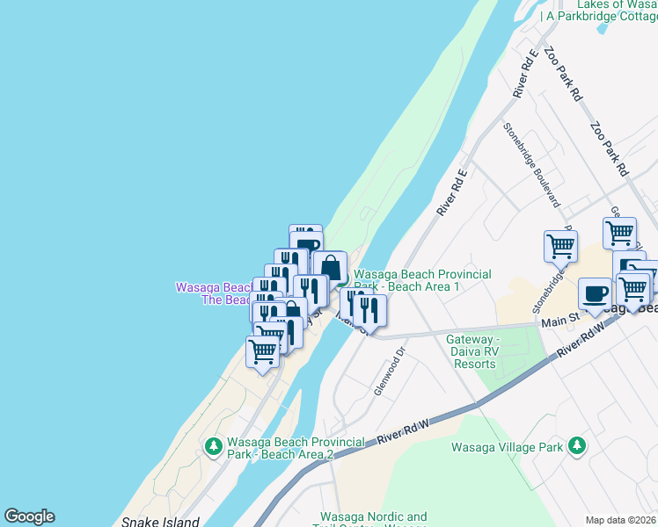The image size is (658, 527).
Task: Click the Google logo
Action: click(x=29, y=516)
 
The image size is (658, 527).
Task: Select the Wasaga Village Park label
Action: click(x=507, y=447)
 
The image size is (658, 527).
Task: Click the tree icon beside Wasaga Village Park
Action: click(x=576, y=446)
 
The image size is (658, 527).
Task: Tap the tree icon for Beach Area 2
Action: click(x=213, y=447)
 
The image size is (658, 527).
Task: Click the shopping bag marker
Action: click(x=331, y=267)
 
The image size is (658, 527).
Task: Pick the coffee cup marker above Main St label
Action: click(x=595, y=293)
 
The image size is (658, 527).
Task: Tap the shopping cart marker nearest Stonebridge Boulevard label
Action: click(x=560, y=247)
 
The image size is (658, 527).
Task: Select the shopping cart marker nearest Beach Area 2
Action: click(x=263, y=352)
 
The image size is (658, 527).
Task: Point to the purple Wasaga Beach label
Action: click(x=215, y=292)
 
